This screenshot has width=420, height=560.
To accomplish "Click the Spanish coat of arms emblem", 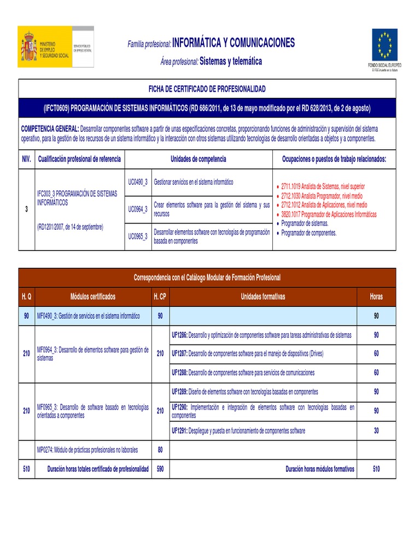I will [x=29, y=47].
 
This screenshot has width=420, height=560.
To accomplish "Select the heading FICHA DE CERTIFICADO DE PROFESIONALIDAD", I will [x=207, y=89].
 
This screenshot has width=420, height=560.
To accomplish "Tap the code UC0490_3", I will [x=138, y=182].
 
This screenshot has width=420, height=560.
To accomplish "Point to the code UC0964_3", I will [x=138, y=209].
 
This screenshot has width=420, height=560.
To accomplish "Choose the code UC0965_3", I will [x=138, y=236].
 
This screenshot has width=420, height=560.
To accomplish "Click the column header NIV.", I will [x=26, y=159].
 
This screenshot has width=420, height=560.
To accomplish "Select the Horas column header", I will [x=376, y=297].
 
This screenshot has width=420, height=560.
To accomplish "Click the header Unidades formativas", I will [x=263, y=297].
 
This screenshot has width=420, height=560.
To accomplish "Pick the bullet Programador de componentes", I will [x=310, y=232].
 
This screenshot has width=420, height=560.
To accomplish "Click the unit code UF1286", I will [x=179, y=335].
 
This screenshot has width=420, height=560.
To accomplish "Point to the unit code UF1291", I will [x=179, y=431].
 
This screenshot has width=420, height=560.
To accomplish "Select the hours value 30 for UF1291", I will [x=376, y=431].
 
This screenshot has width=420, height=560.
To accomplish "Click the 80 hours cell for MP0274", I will [x=160, y=450].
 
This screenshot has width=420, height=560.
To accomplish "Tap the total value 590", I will [x=160, y=469].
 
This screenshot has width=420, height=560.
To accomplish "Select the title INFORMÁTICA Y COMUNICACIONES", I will [x=234, y=43].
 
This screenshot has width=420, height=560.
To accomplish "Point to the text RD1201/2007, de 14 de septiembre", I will [x=70, y=226].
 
